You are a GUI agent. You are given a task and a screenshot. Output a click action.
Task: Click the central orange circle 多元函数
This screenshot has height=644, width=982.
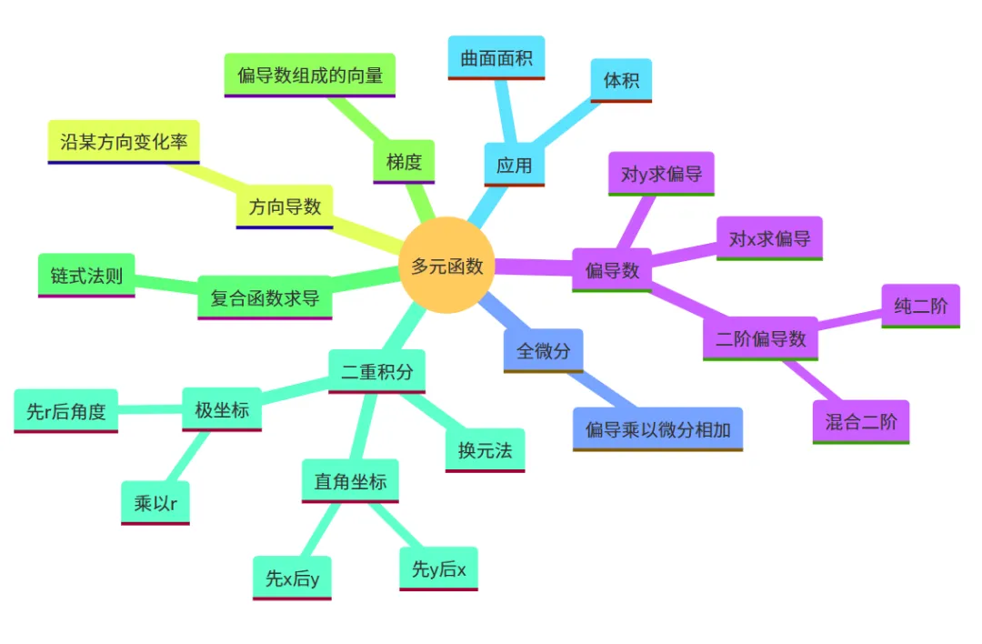(446, 266)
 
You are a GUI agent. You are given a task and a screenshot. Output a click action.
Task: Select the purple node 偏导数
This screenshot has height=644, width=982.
(612, 270)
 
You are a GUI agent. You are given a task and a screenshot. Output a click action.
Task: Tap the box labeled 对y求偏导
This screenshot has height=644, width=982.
(661, 174)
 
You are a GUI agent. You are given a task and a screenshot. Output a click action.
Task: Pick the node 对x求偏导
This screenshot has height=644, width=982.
(769, 239)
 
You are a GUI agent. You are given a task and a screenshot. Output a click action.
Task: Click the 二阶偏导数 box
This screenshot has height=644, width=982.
(761, 338)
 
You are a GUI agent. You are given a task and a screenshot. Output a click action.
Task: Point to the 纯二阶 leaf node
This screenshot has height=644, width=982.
(920, 306)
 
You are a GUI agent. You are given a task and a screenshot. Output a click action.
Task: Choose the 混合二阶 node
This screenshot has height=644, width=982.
(860, 422)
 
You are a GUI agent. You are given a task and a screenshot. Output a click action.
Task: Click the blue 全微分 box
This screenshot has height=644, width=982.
(543, 351)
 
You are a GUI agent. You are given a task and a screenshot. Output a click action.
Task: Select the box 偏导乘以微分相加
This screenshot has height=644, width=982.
(657, 428)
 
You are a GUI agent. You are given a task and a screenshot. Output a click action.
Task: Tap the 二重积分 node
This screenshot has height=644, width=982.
(376, 371)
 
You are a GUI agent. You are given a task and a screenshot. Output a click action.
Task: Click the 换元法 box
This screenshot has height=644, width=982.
(485, 450)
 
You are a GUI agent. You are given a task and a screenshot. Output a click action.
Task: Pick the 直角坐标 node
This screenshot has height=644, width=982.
(350, 481)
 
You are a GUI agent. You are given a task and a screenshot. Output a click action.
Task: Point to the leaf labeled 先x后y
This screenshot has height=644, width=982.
(292, 579)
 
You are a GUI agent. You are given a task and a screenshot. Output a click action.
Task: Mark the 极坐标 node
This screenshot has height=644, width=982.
(222, 410)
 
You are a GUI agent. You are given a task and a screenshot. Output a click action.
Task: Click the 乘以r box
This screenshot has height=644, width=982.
(155, 503)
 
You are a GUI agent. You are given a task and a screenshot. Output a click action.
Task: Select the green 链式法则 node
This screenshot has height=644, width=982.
(86, 275)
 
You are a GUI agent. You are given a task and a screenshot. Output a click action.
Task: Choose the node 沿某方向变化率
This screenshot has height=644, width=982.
(124, 142)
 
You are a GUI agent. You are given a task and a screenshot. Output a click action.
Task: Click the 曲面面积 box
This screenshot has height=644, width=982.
(496, 58)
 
